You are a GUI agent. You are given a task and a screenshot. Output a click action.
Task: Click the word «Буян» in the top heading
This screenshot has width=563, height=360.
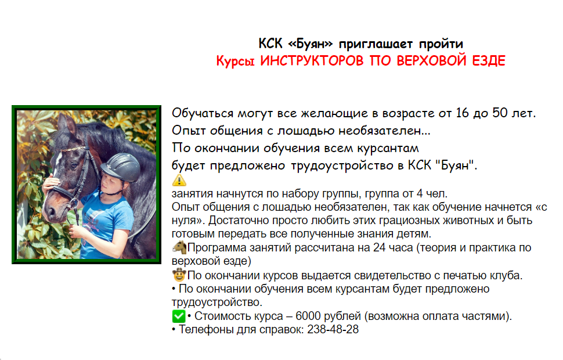click(x=310, y=44)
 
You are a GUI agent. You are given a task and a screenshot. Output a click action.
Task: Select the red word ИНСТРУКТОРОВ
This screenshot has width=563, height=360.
click(x=312, y=61)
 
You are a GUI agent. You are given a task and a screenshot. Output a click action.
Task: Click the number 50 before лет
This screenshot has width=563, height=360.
click(x=500, y=113)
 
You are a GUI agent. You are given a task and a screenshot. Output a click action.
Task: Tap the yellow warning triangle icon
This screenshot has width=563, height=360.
click(x=179, y=179)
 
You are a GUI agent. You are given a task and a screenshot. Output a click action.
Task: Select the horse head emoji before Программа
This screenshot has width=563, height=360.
click(x=179, y=247)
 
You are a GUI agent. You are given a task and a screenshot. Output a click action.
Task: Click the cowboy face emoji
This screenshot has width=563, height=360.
click(x=179, y=275)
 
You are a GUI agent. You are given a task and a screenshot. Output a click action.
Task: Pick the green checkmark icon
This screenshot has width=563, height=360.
click(x=179, y=316)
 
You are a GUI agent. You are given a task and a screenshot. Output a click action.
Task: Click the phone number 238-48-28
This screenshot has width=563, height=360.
click(x=333, y=329)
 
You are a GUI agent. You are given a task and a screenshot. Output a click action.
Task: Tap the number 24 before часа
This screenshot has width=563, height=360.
click(x=380, y=247)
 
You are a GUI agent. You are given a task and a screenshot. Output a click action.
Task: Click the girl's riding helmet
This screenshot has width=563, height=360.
click(x=121, y=167)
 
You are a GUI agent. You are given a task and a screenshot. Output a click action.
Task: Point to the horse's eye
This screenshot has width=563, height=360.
click(x=74, y=165)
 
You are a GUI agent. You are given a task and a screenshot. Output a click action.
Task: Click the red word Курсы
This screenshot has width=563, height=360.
click(x=236, y=61)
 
